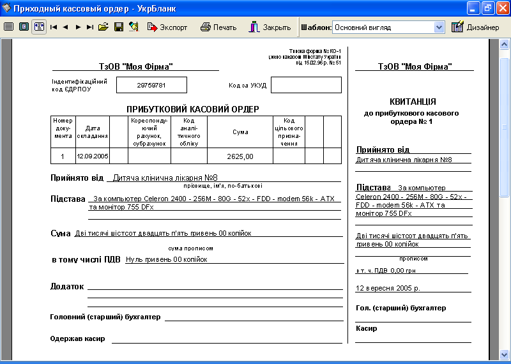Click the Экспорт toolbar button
point(167,27)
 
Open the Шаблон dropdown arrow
point(439,27)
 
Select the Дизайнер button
point(475,27)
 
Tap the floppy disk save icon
point(119,27)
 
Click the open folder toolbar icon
point(103,27)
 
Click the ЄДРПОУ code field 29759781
point(151,85)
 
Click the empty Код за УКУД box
point(306,85)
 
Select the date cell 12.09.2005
point(93,156)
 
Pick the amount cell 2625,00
point(240,156)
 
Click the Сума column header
point(240,132)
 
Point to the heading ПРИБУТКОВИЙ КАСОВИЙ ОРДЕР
point(192,109)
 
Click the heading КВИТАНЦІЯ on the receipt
point(413,102)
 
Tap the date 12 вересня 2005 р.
point(388,288)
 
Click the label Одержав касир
point(77,338)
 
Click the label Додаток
point(67,286)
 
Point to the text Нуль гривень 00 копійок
point(167,259)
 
